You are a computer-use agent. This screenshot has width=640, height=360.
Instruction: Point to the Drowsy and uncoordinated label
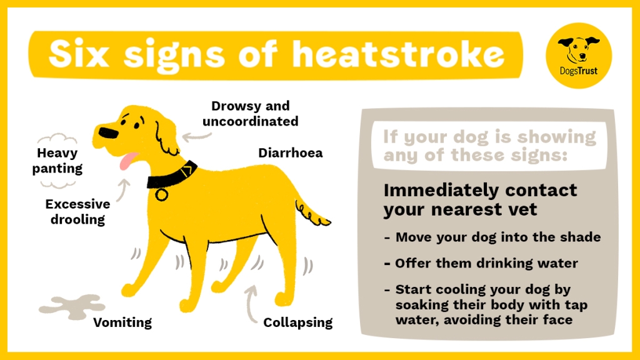click(254, 114)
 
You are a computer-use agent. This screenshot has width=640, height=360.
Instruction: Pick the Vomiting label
click(122, 322)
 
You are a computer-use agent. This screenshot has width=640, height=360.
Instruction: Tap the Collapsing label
click(297, 322)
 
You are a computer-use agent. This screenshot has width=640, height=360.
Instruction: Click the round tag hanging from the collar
click(162, 194)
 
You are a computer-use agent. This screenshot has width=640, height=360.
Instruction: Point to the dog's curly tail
click(312, 212)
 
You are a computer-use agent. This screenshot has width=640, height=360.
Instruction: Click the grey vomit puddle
click(71, 305)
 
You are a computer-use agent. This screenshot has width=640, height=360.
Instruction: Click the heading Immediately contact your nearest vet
click(480, 199)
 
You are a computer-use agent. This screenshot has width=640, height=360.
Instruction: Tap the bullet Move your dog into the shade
click(497, 237)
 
